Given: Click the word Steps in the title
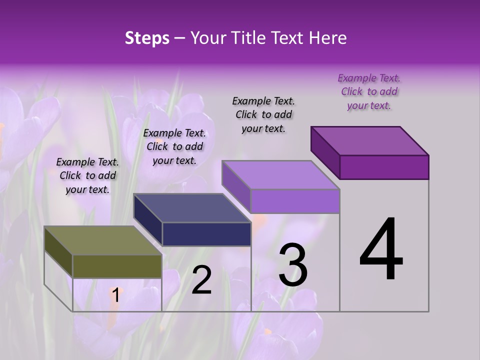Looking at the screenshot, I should [147, 38].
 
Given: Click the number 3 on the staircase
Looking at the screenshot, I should [292, 265].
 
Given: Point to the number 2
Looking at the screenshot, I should [201, 280].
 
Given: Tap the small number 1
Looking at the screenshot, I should [115, 295].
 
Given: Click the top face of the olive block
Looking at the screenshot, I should [102, 240].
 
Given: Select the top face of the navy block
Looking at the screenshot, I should [192, 207].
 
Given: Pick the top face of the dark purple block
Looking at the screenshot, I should [370, 140].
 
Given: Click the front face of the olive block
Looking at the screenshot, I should [117, 266].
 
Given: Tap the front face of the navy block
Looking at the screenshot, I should [206, 234].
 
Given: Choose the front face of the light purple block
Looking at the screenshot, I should [295, 201].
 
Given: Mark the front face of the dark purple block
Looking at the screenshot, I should [384, 167].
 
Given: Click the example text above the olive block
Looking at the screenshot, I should [87, 175].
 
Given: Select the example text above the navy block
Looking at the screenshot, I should [174, 146].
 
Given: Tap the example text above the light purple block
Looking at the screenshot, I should [263, 114].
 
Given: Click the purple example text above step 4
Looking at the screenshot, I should [369, 91].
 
